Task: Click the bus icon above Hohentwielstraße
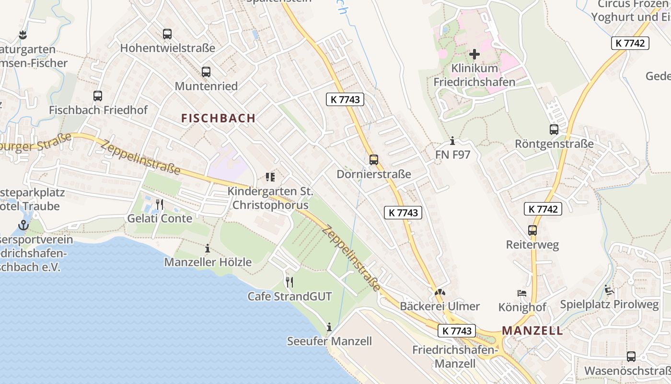click(x=167, y=34)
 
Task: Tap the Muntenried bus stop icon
click(x=206, y=72)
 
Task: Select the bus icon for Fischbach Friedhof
click(x=98, y=96)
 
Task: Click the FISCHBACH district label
click(x=219, y=118)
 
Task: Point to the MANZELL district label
click(x=532, y=330)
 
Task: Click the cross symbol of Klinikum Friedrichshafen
click(x=474, y=54)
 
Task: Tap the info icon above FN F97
click(x=452, y=141)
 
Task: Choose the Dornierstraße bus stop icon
click(x=374, y=160)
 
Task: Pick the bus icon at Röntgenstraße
click(x=554, y=130)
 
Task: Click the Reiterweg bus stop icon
click(x=532, y=230)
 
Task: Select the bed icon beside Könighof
click(x=522, y=293)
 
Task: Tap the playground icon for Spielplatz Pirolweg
click(x=609, y=290)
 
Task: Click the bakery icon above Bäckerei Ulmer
click(x=440, y=292)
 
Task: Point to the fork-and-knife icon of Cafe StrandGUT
click(x=289, y=282)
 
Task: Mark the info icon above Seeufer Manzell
click(x=329, y=327)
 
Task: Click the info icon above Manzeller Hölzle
click(x=208, y=249)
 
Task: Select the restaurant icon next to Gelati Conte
click(x=160, y=204)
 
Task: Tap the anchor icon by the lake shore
click(x=23, y=225)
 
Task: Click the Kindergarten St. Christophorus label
click(x=270, y=198)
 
